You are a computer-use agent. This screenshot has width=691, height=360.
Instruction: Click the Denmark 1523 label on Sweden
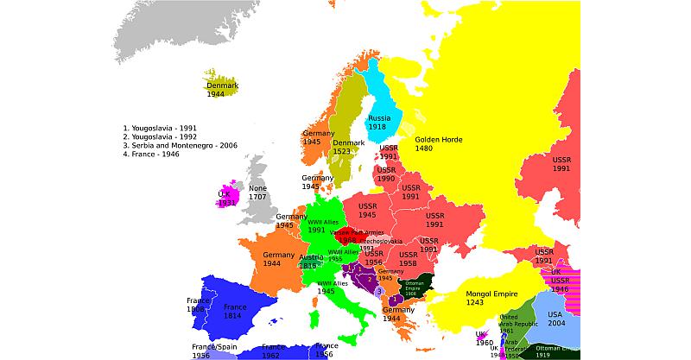pos(348,148)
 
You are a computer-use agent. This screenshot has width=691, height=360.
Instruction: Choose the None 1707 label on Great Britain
pos(257,193)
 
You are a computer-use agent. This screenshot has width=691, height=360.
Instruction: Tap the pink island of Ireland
pos(226,198)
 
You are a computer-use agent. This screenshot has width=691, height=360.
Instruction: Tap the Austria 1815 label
pos(309,262)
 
